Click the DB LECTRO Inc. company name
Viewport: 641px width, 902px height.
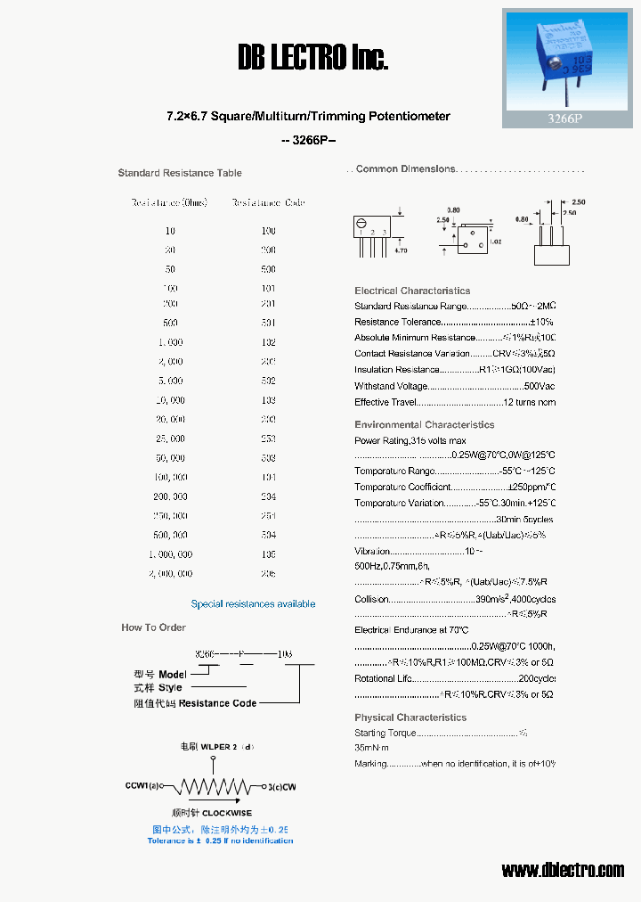(x=313, y=59)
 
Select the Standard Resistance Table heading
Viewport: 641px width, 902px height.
(x=180, y=173)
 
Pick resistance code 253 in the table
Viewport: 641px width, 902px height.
(x=268, y=439)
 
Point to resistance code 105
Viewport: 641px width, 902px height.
(x=268, y=554)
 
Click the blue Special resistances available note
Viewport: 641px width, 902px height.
(x=253, y=604)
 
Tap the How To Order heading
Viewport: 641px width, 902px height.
(x=153, y=627)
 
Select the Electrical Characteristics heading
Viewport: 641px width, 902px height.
(x=412, y=291)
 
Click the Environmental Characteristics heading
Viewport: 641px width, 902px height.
(x=424, y=425)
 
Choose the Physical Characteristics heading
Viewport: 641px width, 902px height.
(x=410, y=717)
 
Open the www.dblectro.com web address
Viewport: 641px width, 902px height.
(x=563, y=870)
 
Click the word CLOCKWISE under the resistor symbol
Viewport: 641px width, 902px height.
(x=227, y=813)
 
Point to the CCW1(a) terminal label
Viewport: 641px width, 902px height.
(x=143, y=787)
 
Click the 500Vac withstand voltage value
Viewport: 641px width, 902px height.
(x=540, y=386)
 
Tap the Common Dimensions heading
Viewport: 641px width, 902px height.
(x=406, y=169)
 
